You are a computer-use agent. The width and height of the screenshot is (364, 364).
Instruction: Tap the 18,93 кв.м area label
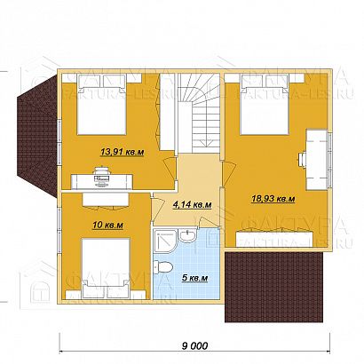(x=273, y=201)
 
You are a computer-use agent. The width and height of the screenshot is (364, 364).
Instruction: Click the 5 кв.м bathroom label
(x=195, y=277)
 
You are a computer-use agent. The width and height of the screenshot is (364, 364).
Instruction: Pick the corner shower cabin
(x=163, y=237)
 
